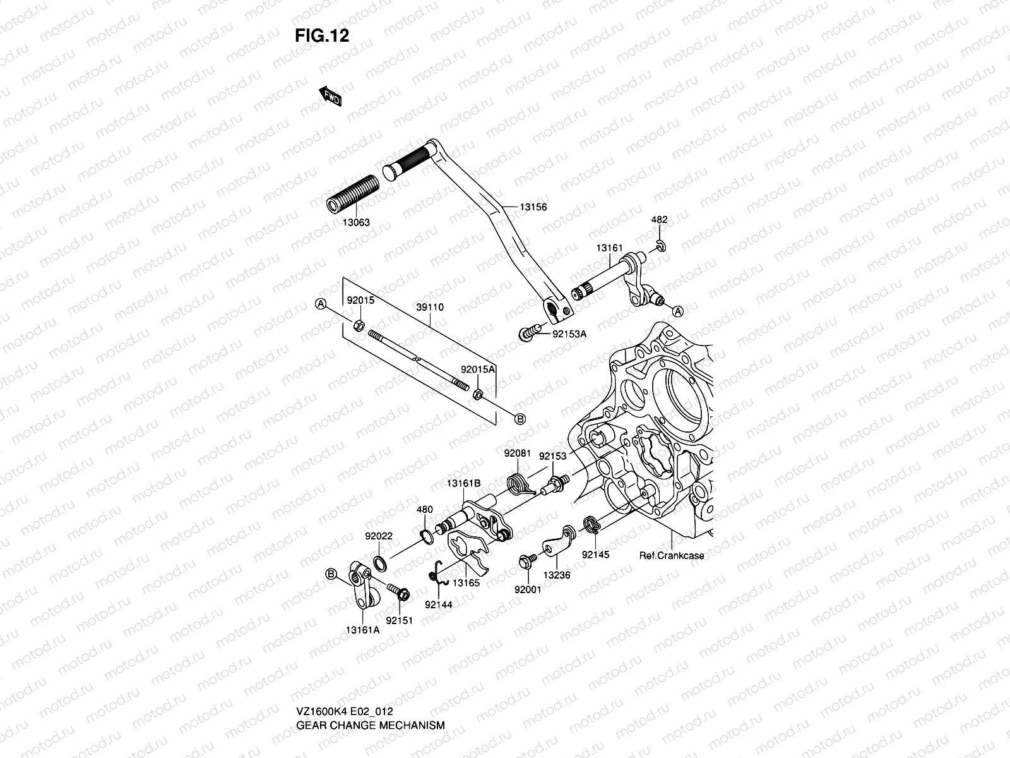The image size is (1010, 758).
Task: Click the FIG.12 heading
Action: (322, 35)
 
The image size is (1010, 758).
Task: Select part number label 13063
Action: (357, 222)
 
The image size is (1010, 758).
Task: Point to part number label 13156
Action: (533, 207)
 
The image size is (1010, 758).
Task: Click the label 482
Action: (659, 220)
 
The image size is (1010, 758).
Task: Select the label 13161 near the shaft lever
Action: (609, 248)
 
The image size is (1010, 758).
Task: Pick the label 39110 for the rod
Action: (430, 307)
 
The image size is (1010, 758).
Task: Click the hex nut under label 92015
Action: (357, 326)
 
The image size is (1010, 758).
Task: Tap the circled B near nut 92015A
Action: (520, 419)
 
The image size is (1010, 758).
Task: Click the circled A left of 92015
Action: (321, 304)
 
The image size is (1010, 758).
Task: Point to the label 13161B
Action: (464, 483)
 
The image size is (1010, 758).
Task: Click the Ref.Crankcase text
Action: (671, 556)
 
